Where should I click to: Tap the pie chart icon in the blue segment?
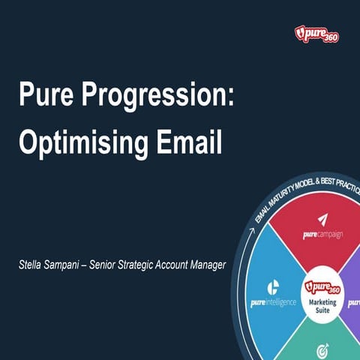pos(274,286)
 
